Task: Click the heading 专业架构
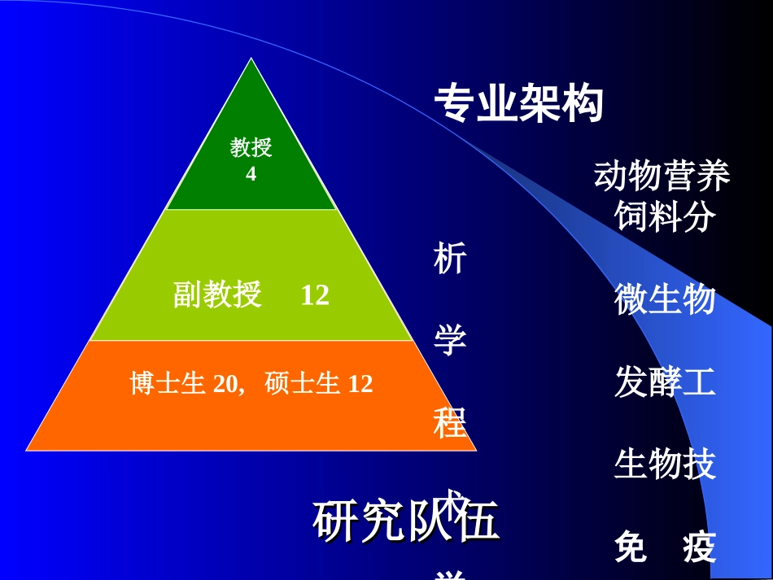tap(518, 104)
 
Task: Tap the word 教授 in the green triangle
tap(251, 148)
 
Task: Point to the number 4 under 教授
tap(251, 174)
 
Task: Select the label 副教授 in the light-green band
tap(217, 294)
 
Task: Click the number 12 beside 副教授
tap(315, 294)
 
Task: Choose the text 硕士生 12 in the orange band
tap(319, 383)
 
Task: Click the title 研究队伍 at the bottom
tap(404, 522)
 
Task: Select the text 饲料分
tap(665, 216)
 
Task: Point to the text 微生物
tap(665, 299)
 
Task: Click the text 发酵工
tap(665, 382)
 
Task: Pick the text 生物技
tap(665, 464)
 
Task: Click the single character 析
tap(449, 259)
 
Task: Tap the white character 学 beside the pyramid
tap(449, 340)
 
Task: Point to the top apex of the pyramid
tap(251, 59)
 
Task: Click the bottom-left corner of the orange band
tap(28, 449)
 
